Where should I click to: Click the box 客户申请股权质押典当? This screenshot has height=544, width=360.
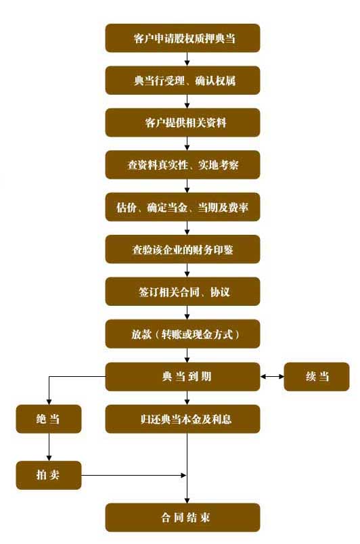click(x=183, y=38)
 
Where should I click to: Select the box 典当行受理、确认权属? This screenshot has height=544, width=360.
click(x=183, y=81)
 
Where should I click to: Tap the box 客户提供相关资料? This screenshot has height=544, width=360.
click(x=183, y=122)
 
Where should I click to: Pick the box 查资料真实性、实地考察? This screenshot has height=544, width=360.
click(x=183, y=165)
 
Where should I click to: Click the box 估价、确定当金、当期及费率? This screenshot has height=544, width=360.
click(x=183, y=207)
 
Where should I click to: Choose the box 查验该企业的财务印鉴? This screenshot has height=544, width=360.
click(x=183, y=250)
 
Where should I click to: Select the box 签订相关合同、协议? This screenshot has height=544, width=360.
click(x=183, y=292)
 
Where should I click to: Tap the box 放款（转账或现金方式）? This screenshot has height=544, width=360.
click(x=183, y=334)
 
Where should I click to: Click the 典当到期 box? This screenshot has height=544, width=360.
click(x=183, y=377)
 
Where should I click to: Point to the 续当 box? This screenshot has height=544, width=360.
click(x=317, y=377)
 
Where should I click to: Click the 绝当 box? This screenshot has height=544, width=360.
click(x=49, y=419)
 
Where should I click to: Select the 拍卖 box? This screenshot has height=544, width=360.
click(x=49, y=475)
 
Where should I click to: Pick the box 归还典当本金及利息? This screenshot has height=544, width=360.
click(x=183, y=419)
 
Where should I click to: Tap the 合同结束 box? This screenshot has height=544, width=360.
click(x=183, y=518)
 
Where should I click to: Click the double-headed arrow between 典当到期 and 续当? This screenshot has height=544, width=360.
click(x=272, y=376)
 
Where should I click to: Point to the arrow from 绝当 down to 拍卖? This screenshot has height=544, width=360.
click(x=49, y=447)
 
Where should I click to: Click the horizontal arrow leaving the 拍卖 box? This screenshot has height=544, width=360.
click(x=134, y=475)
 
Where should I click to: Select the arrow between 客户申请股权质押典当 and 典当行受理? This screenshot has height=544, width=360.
click(x=187, y=60)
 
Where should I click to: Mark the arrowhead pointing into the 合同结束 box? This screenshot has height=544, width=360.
click(x=187, y=500)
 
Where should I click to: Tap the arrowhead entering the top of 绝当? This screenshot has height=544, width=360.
click(x=49, y=402)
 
